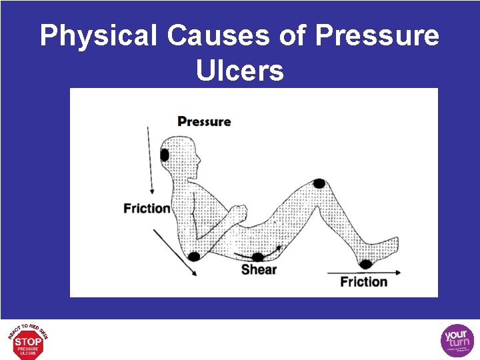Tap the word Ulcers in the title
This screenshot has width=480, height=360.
240,70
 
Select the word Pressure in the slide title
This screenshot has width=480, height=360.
377,36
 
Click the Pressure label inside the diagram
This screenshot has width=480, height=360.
204,121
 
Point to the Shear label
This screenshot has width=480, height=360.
259,269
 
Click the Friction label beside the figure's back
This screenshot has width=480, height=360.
147,208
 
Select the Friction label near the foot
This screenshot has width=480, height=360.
363,281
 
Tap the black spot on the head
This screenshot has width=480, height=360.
165,155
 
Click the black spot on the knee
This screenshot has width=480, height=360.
319,183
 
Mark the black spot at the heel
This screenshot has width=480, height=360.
365,264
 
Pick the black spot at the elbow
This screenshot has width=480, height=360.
194,256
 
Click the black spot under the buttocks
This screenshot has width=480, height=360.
258,257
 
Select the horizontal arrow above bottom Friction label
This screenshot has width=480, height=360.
363,272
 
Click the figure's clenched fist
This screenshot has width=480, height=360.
236,213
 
